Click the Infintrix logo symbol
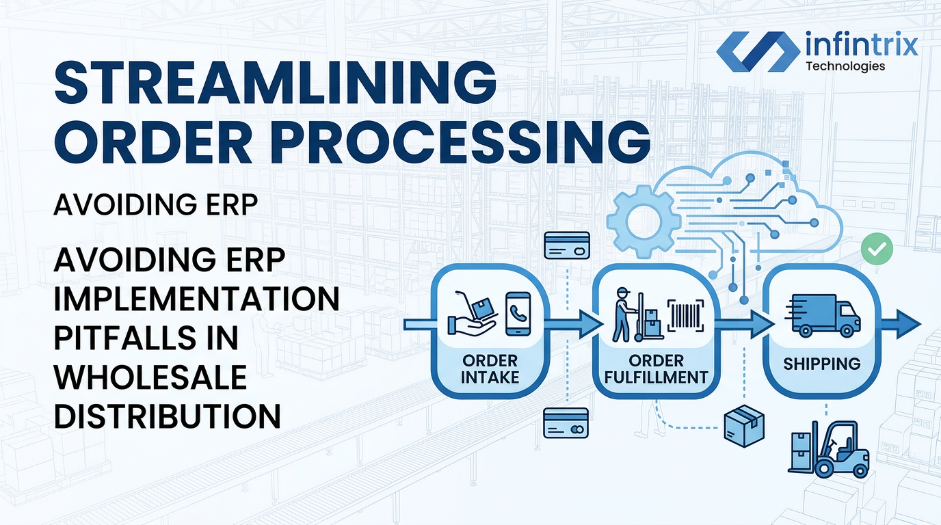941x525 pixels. point(758,51)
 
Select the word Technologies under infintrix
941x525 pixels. point(846,66)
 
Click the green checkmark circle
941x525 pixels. point(877,249)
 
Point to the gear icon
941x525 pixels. point(644,221)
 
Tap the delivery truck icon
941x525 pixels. point(823,315)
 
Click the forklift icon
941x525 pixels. point(828,449)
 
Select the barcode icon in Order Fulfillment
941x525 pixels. point(686,316)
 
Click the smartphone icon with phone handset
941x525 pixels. point(518,314)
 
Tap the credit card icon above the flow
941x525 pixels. point(567,245)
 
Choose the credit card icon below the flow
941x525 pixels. point(566,423)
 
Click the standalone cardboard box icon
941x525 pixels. point(744,426)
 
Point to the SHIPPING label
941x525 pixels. point(822,364)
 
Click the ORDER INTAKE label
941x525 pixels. point(490,369)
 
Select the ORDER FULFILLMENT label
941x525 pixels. point(657,369)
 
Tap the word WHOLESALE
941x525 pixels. point(150,377)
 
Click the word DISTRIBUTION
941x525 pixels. point(167,416)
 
